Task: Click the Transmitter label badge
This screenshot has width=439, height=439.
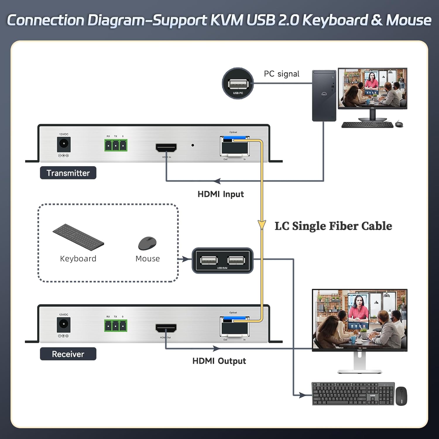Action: click(68, 173)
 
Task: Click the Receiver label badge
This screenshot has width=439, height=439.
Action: click(68, 354)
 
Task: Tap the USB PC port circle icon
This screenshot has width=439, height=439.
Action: click(238, 83)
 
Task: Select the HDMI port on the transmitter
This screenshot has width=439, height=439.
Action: click(166, 148)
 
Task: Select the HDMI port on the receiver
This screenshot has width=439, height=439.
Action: click(166, 328)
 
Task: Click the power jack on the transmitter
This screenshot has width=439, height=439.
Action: click(64, 144)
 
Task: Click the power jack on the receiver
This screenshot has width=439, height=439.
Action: click(64, 324)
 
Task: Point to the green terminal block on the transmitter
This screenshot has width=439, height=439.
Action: click(116, 145)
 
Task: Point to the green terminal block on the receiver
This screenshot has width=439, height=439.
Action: click(116, 325)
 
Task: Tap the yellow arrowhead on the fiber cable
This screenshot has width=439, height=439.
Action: click(262, 225)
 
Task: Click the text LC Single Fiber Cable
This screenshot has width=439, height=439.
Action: click(333, 226)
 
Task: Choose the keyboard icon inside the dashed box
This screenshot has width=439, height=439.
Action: click(78, 237)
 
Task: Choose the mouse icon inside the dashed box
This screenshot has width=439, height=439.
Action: click(147, 243)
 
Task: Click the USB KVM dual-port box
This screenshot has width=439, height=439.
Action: click(222, 260)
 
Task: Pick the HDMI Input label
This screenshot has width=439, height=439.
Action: click(221, 194)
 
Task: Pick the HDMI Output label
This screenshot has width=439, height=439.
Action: click(219, 361)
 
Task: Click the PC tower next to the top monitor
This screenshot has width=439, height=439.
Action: click(324, 95)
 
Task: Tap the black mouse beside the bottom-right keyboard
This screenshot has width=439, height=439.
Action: click(401, 396)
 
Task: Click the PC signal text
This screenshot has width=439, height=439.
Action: click(282, 74)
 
